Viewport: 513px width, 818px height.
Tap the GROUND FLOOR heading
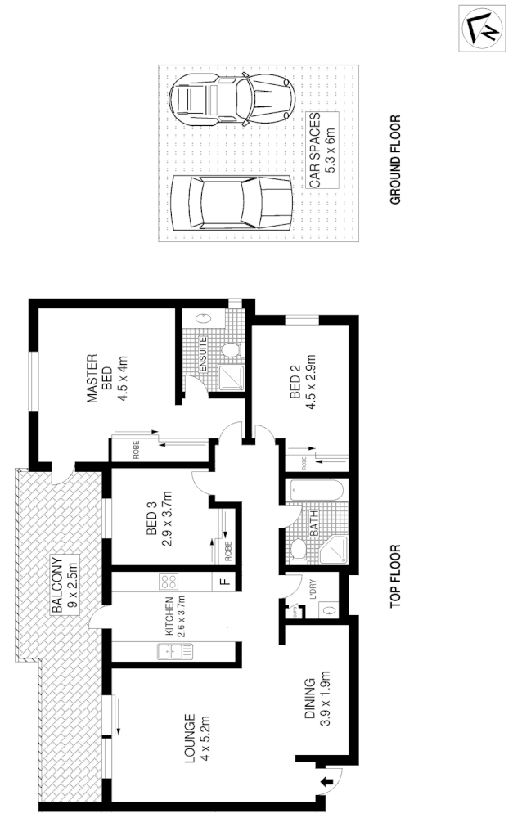(395, 160)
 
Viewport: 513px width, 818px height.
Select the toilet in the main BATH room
(298, 549)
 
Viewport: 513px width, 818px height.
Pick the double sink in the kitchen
(173, 651)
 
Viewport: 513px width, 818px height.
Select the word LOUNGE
(189, 739)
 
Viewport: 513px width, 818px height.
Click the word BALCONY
(58, 585)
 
